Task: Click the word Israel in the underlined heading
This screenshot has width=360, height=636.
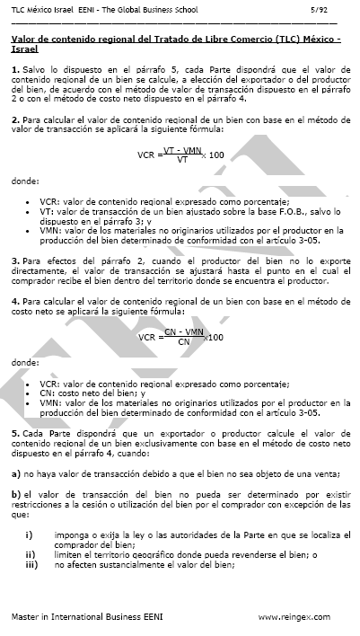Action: coord(24,50)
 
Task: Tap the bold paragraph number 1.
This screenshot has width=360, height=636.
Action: coord(14,68)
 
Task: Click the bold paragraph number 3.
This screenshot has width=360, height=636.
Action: coord(14,261)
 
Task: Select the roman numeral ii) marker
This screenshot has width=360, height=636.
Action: coord(29,555)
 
